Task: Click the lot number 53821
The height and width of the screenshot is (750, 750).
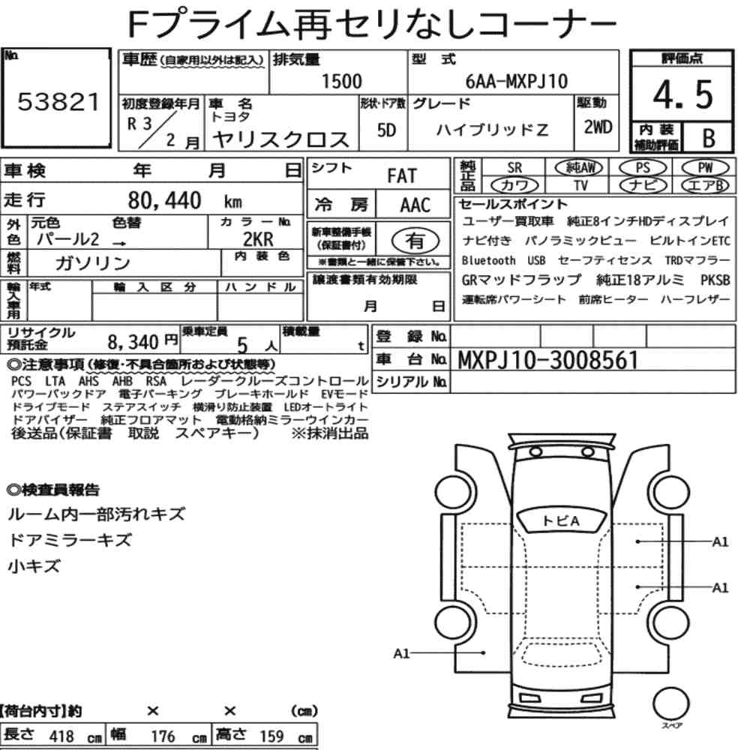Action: coord(58,103)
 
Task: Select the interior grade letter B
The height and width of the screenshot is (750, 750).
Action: coord(706,136)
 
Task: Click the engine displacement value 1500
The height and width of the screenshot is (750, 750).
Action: coord(341,82)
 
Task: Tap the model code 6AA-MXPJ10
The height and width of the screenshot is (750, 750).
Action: coord(517,82)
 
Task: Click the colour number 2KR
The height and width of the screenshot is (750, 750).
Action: coord(258,238)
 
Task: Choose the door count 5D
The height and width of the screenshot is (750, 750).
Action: coord(386,130)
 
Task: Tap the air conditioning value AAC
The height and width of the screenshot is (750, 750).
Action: coord(415,205)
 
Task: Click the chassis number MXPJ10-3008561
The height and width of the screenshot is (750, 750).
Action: coord(548,360)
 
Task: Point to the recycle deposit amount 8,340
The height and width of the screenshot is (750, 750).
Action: coord(134,342)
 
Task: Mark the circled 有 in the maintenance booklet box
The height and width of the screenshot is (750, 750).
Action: coord(414,240)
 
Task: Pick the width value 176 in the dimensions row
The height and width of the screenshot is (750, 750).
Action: coord(163,736)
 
